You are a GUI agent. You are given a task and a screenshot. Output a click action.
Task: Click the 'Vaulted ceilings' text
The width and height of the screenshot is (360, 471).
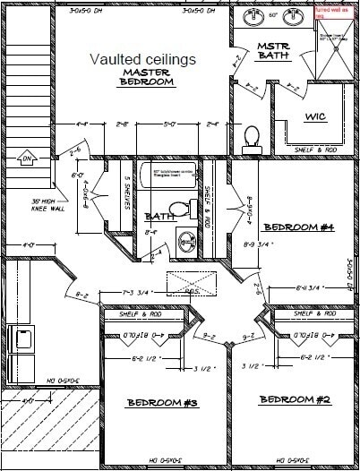click(x=142, y=58)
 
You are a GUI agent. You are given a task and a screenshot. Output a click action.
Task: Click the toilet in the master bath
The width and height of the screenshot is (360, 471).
click(x=252, y=137)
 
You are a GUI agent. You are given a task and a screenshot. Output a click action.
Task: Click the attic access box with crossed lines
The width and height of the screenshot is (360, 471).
click(x=189, y=283)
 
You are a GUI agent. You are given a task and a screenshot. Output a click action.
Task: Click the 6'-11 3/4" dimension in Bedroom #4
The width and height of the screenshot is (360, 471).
click(x=314, y=287)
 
